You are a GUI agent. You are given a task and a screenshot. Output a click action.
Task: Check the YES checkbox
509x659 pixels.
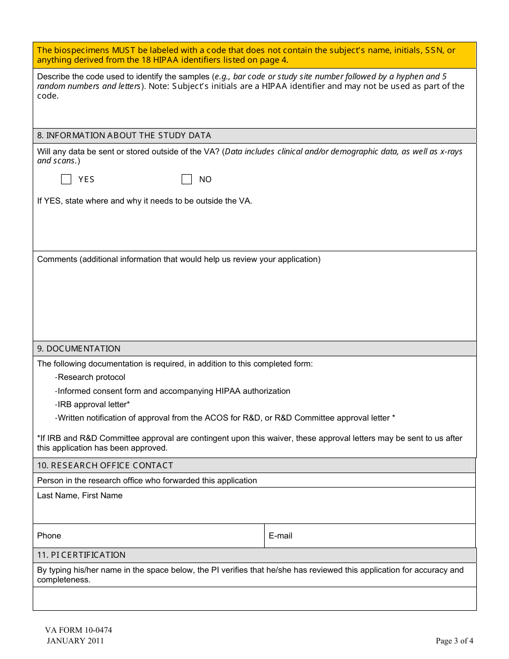66,179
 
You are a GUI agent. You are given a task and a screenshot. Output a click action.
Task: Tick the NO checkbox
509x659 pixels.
186,179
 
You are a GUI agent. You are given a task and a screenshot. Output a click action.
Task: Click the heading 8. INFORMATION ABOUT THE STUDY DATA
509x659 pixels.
124,136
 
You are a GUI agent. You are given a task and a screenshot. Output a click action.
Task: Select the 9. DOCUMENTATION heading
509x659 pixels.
79,349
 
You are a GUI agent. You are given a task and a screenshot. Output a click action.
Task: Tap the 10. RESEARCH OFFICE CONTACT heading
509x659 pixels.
105,466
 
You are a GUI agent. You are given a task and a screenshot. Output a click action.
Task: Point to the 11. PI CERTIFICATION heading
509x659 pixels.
81,555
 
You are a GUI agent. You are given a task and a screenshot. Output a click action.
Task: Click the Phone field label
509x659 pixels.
49,536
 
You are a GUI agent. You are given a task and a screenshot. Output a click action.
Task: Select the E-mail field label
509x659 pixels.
280,536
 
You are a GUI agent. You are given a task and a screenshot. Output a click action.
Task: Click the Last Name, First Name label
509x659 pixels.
80,496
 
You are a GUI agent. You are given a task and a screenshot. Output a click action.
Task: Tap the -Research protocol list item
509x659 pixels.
90,377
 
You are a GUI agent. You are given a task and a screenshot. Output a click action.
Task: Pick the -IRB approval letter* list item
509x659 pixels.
92,405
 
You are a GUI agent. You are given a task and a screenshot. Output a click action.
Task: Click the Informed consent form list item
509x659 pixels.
173,391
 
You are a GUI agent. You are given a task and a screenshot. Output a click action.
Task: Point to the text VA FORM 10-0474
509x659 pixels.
78,630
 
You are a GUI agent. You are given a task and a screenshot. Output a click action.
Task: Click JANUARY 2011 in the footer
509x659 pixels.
75,641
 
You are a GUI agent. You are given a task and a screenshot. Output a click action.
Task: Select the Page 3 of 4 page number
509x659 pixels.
454,641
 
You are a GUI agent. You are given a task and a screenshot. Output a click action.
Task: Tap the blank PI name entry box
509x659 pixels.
254,598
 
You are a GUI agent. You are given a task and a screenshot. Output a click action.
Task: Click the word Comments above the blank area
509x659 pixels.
57,259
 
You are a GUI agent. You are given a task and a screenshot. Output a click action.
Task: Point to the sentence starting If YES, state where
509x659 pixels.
145,201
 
